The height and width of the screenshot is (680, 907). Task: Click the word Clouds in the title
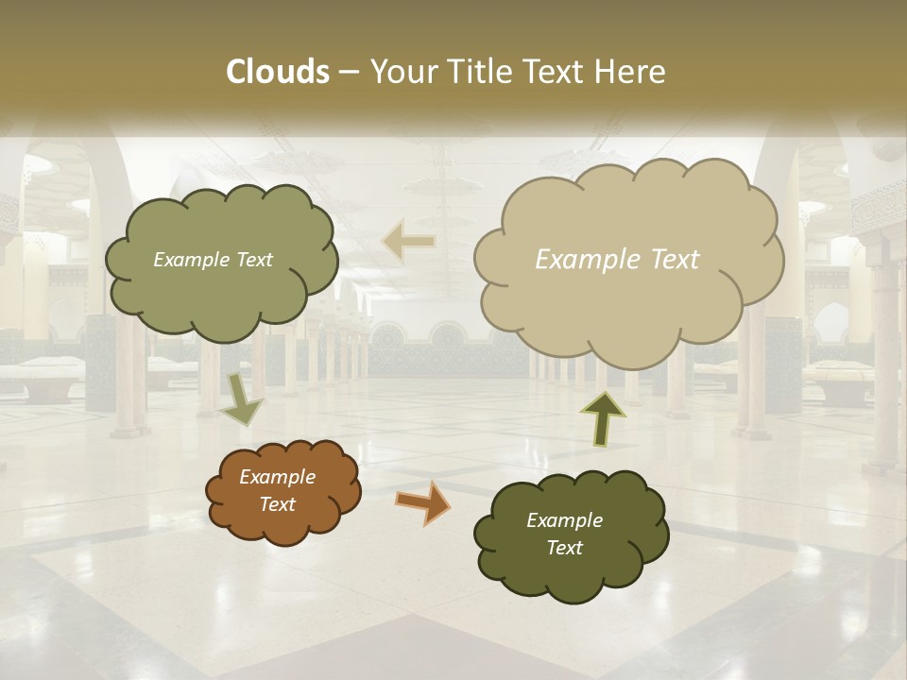(277, 72)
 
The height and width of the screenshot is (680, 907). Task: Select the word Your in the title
(403, 72)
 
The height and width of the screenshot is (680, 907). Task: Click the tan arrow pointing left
(408, 241)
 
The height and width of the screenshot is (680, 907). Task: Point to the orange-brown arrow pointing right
(423, 501)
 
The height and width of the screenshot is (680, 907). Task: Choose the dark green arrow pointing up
(602, 417)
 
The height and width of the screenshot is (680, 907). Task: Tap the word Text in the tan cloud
(675, 260)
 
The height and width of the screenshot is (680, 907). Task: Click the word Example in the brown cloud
(278, 477)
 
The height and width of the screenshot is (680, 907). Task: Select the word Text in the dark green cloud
(565, 548)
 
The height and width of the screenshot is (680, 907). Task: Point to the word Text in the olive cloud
(252, 260)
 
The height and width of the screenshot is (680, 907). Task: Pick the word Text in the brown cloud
(278, 504)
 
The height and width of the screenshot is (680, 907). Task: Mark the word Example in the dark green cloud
(565, 520)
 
